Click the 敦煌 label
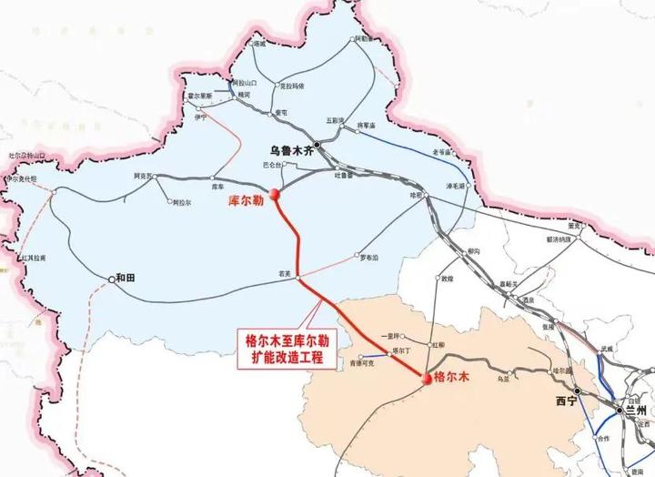click(x=447, y=280)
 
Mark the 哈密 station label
click(x=417, y=194)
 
